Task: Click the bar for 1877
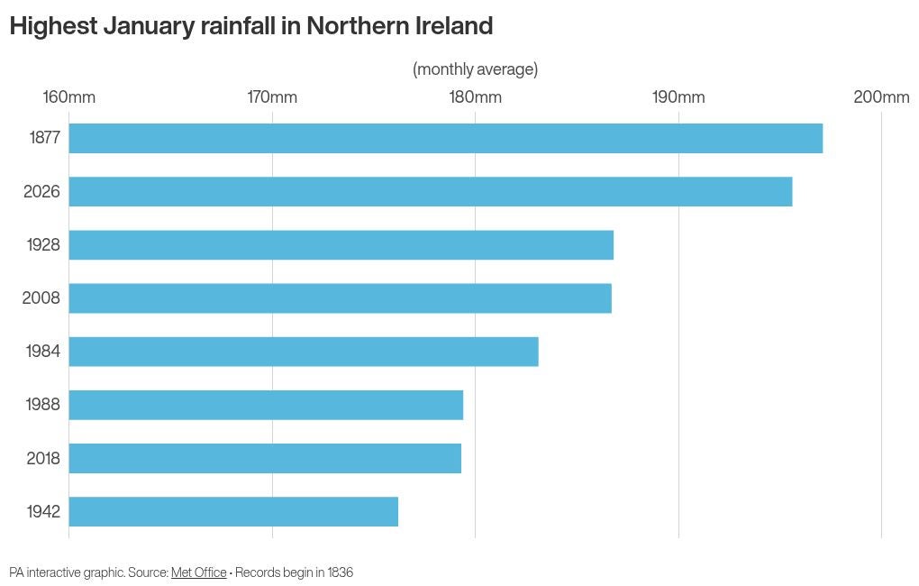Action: click(x=446, y=138)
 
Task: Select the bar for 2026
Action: click(x=431, y=191)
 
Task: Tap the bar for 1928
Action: click(x=341, y=244)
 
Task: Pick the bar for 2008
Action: click(x=341, y=298)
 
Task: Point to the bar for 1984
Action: click(x=304, y=351)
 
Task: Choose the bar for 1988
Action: click(x=266, y=405)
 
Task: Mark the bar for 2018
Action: click(x=265, y=458)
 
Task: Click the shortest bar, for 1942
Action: click(x=233, y=511)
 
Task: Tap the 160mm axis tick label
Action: click(x=68, y=97)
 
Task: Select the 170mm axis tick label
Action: click(x=272, y=97)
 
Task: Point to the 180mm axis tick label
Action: click(x=475, y=97)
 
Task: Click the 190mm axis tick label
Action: click(x=678, y=97)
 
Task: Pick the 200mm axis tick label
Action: click(x=881, y=97)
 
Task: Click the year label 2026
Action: click(x=41, y=191)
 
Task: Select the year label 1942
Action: click(x=43, y=512)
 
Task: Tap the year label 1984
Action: click(x=43, y=352)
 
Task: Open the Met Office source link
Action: click(x=198, y=572)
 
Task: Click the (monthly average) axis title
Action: click(x=475, y=69)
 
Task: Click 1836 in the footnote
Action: click(x=341, y=572)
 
